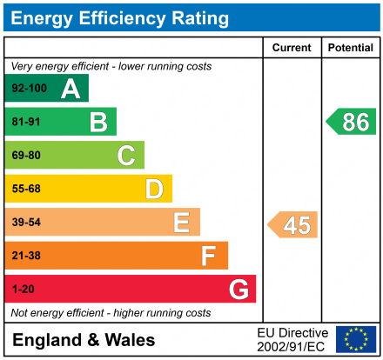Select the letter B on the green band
coord(98,122)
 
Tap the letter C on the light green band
coord(126,156)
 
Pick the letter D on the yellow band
coord(154,189)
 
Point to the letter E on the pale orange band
coord(181,223)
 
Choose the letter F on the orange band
coord(209,256)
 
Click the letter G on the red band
coord(238,289)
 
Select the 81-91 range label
coord(25,122)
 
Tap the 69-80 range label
coord(25,156)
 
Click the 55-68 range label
coord(25,189)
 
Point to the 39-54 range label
coord(25,223)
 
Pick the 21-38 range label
coord(25,256)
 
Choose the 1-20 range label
coord(22,289)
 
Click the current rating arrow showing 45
coord(293,224)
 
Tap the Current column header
coord(292,48)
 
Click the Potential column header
coord(350,48)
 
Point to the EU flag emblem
coord(355,339)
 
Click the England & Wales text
coord(84,339)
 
